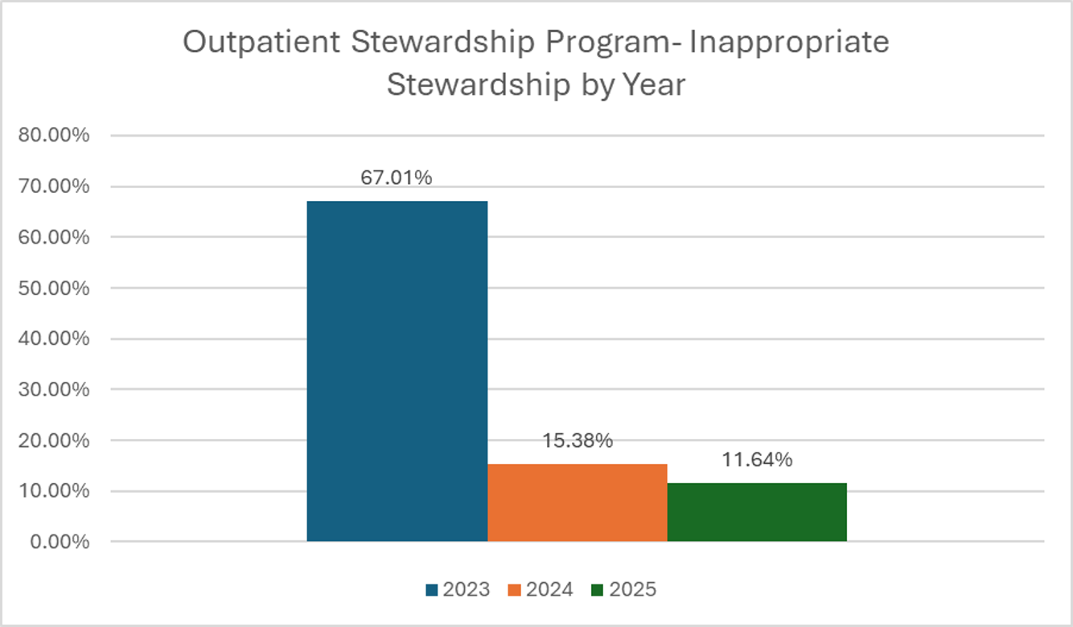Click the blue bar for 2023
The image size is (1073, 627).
click(397, 371)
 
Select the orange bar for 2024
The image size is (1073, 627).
click(578, 502)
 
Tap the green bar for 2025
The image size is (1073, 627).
click(757, 512)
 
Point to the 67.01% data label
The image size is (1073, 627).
click(397, 178)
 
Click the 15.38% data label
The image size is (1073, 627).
click(578, 441)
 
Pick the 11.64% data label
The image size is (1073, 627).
click(757, 460)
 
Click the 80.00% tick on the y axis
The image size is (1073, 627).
click(54, 135)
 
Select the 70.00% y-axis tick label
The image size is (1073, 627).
click(54, 186)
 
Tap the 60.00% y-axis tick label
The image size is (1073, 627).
click(54, 237)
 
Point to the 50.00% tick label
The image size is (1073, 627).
click(54, 288)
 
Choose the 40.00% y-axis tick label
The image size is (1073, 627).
click(54, 338)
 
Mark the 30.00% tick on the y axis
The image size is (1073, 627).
click(54, 390)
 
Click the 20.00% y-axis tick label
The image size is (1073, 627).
click(54, 441)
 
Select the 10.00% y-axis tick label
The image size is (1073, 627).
click(54, 491)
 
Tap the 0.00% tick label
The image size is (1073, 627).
click(60, 542)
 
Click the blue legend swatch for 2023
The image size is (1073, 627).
click(432, 590)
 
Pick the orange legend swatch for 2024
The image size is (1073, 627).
click(515, 590)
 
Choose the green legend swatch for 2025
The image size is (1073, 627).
click(598, 590)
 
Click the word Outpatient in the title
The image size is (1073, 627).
click(261, 43)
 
